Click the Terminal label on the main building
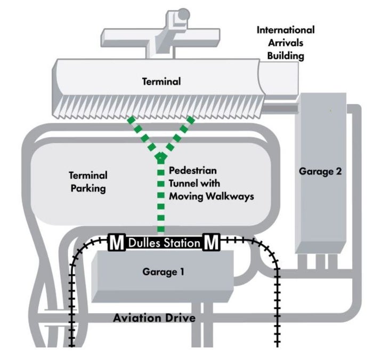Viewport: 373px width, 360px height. pyautogui.click(x=161, y=82)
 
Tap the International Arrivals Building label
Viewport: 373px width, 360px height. pyautogui.click(x=286, y=43)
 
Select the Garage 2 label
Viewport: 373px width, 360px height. pyautogui.click(x=320, y=171)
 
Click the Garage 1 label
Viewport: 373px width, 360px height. pyautogui.click(x=163, y=272)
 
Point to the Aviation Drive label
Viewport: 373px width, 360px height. pyautogui.click(x=154, y=318)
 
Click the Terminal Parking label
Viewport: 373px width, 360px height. pyautogui.click(x=88, y=182)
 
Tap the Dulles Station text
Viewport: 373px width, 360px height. pyautogui.click(x=164, y=243)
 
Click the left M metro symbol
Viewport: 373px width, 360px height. pyautogui.click(x=117, y=242)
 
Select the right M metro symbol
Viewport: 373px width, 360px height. pyautogui.click(x=211, y=242)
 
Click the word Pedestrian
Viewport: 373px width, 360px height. pyautogui.click(x=193, y=171)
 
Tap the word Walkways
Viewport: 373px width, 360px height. pyautogui.click(x=230, y=197)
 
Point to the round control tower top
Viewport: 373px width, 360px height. pyautogui.click(x=183, y=14)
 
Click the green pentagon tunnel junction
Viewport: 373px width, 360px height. pyautogui.click(x=161, y=158)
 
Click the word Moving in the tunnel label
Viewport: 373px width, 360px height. pyautogui.click(x=186, y=196)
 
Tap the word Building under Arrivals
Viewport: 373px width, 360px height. pyautogui.click(x=286, y=56)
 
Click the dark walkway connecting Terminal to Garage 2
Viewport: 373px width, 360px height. pyautogui.click(x=280, y=108)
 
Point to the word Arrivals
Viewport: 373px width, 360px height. pyautogui.click(x=286, y=43)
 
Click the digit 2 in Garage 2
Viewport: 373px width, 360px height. pyautogui.click(x=338, y=171)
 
